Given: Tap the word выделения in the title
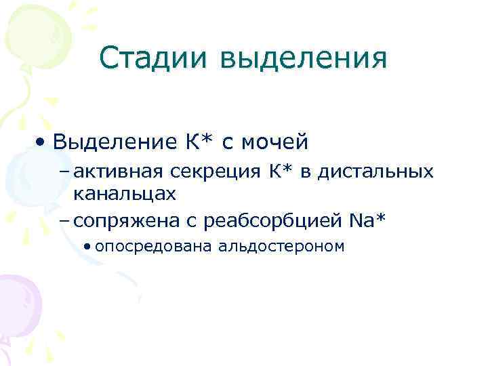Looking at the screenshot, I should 303,59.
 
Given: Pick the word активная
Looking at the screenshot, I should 120,172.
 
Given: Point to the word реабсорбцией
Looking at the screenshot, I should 269,220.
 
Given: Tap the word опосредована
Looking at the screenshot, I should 155,245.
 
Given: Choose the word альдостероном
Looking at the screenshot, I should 281,245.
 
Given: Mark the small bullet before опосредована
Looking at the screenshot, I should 89,246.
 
